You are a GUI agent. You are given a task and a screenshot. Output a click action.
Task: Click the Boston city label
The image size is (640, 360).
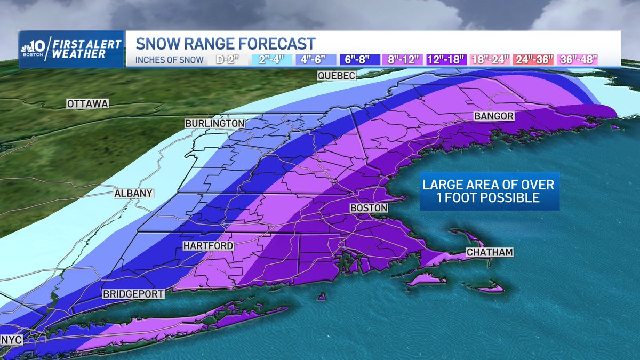[x=369, y=207]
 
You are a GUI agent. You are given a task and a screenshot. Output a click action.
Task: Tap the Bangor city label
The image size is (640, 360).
[x=494, y=116]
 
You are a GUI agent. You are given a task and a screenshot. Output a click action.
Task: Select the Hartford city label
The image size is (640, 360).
[x=207, y=246]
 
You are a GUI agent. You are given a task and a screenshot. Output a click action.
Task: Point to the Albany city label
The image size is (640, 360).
[x=133, y=193]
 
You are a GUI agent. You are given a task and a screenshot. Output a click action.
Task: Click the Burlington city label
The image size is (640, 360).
[x=214, y=123]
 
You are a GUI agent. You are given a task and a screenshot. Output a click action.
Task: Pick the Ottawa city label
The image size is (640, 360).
[x=87, y=104]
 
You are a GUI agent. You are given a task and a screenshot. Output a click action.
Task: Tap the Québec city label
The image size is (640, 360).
[x=335, y=76]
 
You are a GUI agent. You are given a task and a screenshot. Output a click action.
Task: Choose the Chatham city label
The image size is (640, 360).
[x=489, y=252]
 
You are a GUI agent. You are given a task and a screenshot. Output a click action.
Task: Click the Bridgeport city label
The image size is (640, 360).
[x=133, y=294]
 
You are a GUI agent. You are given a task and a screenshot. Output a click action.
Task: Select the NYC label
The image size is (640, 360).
[x=11, y=339]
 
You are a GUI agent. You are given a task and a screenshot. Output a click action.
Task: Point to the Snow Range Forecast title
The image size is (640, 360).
[x=225, y=43]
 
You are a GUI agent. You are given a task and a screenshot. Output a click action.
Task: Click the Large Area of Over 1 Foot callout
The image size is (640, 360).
[x=489, y=191]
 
